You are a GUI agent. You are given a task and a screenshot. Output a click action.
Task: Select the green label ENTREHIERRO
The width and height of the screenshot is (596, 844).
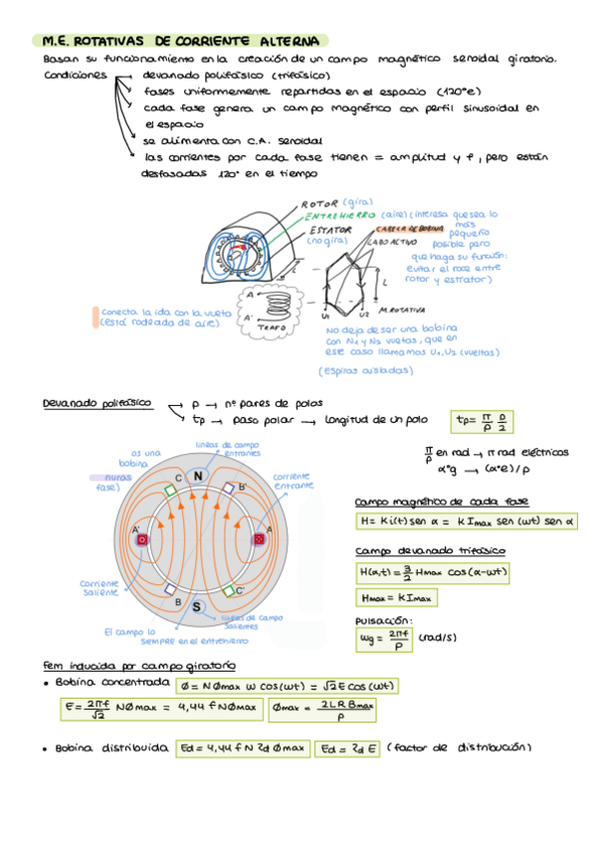click(x=339, y=215)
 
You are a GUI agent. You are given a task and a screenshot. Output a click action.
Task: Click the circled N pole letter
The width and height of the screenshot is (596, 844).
click(x=197, y=476)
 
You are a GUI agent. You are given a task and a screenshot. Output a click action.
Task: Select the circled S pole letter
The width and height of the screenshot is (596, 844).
click(x=197, y=606)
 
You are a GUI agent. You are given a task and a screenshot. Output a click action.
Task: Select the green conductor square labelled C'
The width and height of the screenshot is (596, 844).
click(x=228, y=589)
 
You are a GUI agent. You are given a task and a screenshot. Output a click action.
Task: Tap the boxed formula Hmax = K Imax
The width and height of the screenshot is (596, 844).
click(x=395, y=597)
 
